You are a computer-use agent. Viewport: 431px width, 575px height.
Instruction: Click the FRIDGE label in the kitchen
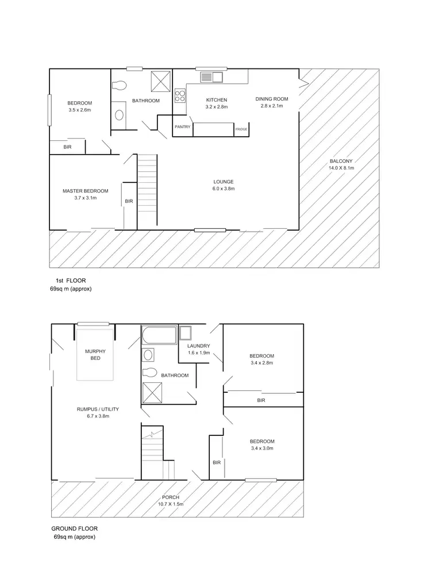pos(241,129)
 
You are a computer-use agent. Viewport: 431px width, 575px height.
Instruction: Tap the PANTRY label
pos(183,126)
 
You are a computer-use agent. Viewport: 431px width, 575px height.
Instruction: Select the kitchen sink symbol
pos(211,76)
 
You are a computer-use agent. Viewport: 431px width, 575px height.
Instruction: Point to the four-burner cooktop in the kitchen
pos(180,95)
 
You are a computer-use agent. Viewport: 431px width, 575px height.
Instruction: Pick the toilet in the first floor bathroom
pos(119,86)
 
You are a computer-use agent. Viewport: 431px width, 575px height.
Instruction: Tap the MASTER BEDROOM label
pos(85,194)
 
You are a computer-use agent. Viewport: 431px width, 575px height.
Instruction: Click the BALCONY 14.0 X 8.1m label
pos(341,164)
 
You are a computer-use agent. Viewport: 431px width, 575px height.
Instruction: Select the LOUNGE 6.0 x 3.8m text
pos(224,185)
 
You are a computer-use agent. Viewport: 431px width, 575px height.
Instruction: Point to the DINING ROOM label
pos(272,102)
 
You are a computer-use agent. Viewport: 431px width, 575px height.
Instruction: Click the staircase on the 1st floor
pos(147,190)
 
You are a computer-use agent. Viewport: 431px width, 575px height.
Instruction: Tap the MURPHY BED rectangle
pos(95,354)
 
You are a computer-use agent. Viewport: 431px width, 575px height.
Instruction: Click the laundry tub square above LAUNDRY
pos(187,333)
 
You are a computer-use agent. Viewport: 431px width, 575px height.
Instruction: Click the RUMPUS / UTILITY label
pos(98,412)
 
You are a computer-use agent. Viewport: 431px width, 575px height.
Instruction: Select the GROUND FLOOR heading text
pos(73,529)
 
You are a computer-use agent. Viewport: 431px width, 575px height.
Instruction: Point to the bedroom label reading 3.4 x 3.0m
pos(261,444)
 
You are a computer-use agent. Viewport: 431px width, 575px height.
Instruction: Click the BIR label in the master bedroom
pos(129,201)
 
